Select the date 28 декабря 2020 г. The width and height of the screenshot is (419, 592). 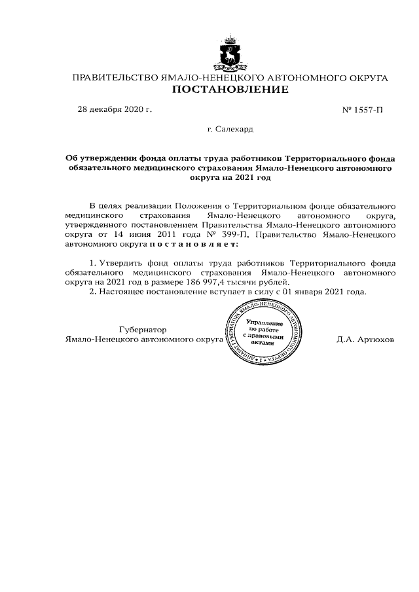coord(115,109)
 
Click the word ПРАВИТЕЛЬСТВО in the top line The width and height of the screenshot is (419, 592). coord(114,77)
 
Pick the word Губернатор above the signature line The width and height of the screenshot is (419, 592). coord(143,330)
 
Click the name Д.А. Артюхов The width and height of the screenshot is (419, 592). coord(365,340)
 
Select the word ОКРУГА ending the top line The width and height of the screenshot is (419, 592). coord(365,77)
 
